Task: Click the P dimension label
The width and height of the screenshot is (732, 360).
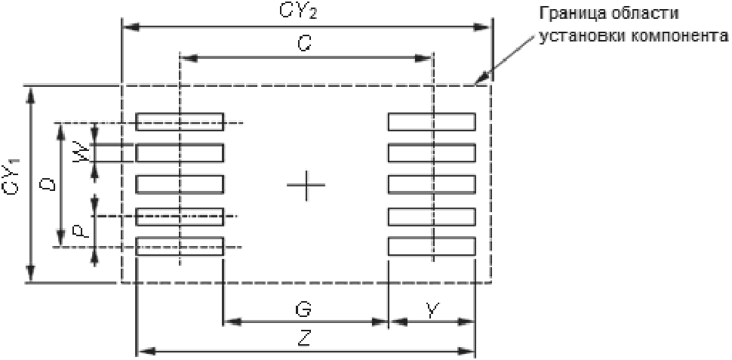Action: click(82, 229)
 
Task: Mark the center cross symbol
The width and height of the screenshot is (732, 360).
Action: click(306, 185)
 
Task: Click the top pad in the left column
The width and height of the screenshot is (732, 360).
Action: click(180, 122)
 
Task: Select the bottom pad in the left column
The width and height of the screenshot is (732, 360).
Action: click(180, 247)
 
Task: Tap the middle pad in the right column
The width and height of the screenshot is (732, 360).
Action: click(432, 184)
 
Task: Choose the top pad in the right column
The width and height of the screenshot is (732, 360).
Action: click(432, 122)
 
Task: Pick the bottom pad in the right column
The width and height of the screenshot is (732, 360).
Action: click(432, 247)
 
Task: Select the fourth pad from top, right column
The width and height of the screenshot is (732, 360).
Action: click(432, 216)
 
